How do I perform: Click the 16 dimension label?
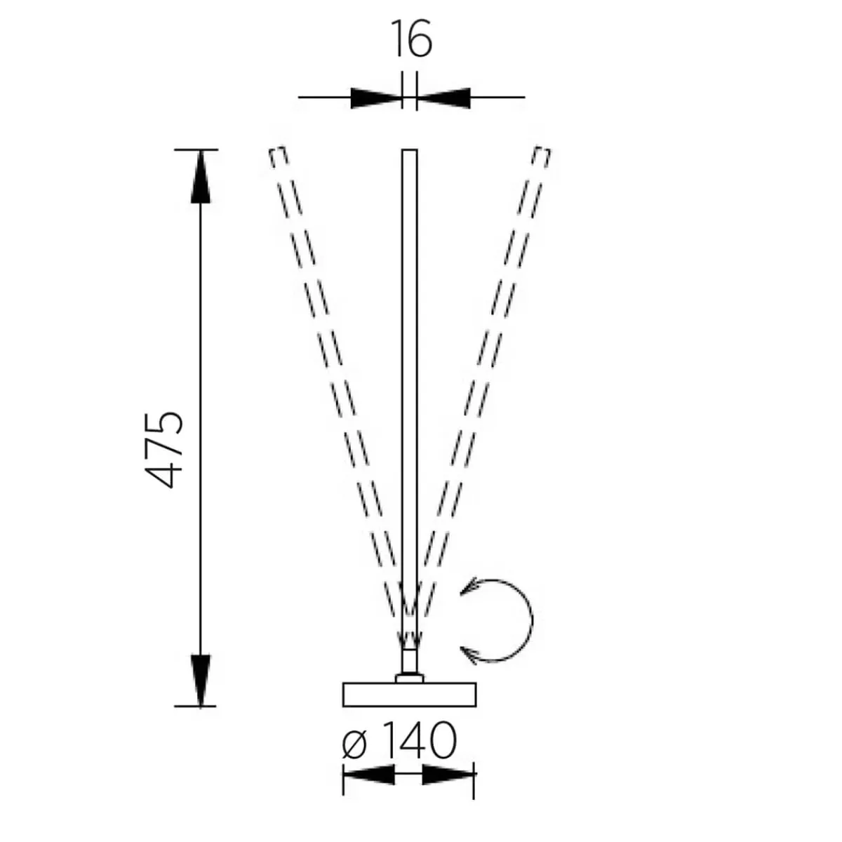pyautogui.click(x=411, y=39)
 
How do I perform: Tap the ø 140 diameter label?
pyautogui.click(x=400, y=741)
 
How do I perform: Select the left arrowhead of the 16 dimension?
pyautogui.click(x=375, y=98)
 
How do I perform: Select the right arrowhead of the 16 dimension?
pyautogui.click(x=445, y=98)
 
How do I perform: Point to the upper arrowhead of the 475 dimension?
pyautogui.click(x=201, y=178)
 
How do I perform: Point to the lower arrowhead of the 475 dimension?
pyautogui.click(x=201, y=679)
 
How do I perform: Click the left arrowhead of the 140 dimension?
pyautogui.click(x=368, y=775)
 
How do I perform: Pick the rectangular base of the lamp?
pyautogui.click(x=410, y=694)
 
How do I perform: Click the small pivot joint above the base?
pyautogui.click(x=410, y=663)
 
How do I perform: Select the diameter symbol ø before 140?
pyautogui.click(x=355, y=744)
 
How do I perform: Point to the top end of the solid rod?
pyautogui.click(x=410, y=152)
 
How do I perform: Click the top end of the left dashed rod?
pyautogui.click(x=278, y=155)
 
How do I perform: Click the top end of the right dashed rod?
pyautogui.click(x=542, y=155)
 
